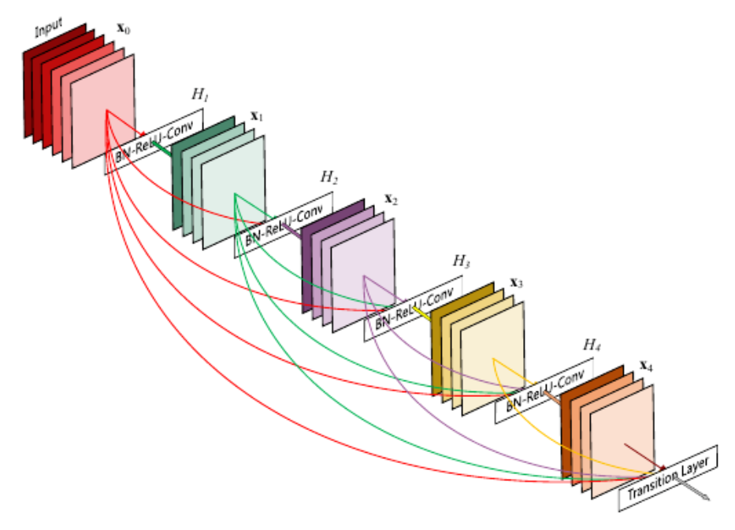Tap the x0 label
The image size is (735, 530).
click(124, 28)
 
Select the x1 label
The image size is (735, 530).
click(256, 116)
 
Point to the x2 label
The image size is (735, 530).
click(391, 200)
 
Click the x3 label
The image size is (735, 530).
click(517, 282)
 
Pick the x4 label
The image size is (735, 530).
click(646, 365)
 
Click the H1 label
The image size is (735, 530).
click(200, 95)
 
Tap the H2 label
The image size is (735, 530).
click(329, 178)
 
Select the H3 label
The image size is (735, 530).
click(461, 261)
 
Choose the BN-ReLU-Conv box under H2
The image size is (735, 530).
click(283, 224)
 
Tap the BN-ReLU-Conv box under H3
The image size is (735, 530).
click(414, 309)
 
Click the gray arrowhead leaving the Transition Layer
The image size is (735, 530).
click(703, 497)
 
